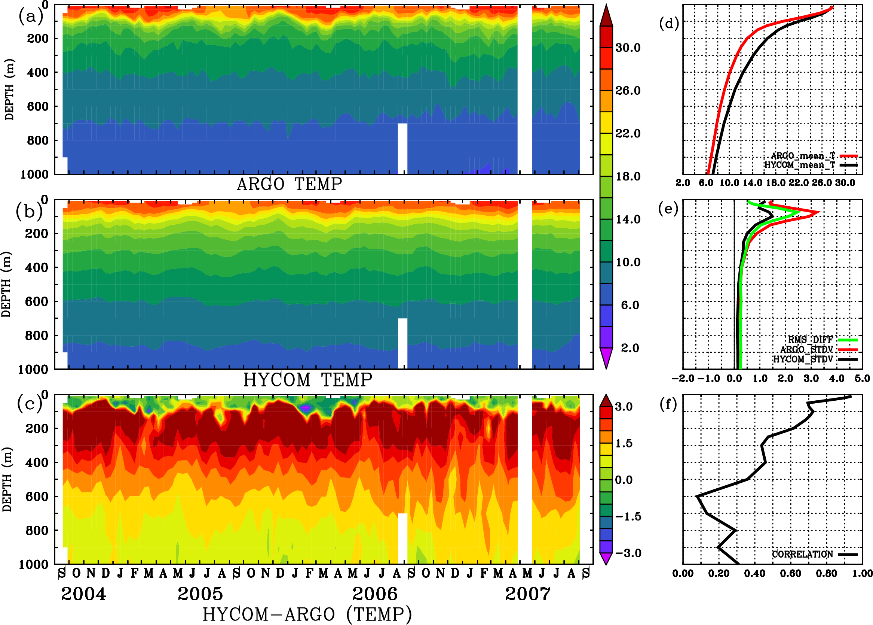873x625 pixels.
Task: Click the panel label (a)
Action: [x=30, y=17]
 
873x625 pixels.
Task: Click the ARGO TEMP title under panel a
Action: [x=289, y=184]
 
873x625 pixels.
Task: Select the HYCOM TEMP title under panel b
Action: [x=308, y=380]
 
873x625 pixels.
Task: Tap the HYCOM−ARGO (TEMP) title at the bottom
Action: [x=307, y=614]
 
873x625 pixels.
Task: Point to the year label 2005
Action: [x=200, y=594]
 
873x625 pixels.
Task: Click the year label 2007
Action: [x=527, y=594]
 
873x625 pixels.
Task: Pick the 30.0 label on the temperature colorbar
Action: [x=628, y=48]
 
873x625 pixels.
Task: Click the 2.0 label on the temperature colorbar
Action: [x=630, y=348]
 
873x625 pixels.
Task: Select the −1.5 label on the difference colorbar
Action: [x=628, y=516]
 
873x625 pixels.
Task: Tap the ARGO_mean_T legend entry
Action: [x=803, y=155]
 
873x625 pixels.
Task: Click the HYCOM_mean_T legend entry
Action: [x=800, y=165]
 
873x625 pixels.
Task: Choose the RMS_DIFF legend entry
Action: [x=810, y=339]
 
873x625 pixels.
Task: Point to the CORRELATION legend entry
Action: [x=802, y=554]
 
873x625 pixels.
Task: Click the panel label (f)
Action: [x=668, y=404]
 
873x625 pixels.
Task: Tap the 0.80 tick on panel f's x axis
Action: [x=826, y=573]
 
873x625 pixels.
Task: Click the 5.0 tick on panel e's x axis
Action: [x=862, y=379]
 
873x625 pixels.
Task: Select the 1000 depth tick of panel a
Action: [x=34, y=175]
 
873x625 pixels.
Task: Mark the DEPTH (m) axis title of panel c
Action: [x=7, y=479]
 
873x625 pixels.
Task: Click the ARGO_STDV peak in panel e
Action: [x=818, y=212]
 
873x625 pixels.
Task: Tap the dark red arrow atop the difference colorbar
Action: [x=606, y=401]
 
